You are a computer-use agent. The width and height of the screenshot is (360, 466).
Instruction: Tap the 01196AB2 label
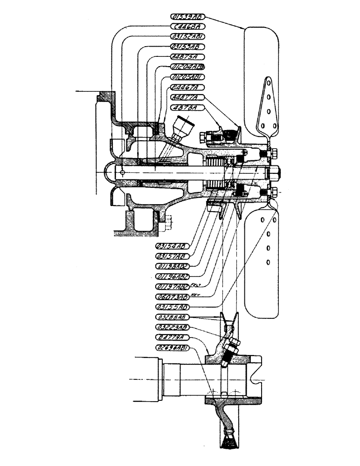(x=171, y=276)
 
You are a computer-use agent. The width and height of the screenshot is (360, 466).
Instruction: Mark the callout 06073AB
(x=172, y=296)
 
